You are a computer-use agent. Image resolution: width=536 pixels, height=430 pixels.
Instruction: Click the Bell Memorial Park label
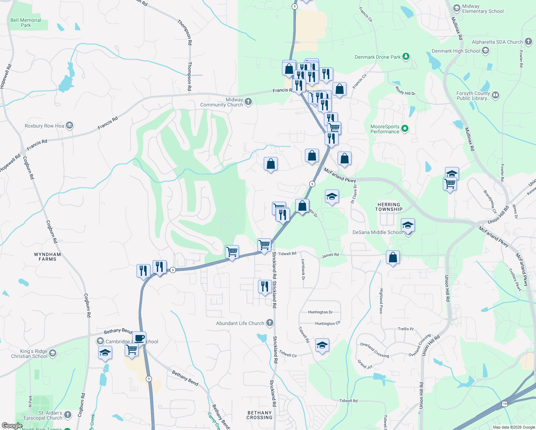(x=26, y=23)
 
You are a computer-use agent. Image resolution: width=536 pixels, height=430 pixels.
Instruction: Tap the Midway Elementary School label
(x=483, y=9)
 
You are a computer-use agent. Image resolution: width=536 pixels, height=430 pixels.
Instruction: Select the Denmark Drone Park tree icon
(x=406, y=57)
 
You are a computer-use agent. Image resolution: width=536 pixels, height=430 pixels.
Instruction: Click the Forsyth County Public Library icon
(x=496, y=95)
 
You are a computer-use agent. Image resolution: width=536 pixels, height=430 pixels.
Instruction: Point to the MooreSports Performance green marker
(x=405, y=128)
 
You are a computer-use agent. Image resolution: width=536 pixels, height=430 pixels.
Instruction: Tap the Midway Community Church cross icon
(x=248, y=102)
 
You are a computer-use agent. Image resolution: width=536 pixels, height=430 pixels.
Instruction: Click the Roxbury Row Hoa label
(x=44, y=126)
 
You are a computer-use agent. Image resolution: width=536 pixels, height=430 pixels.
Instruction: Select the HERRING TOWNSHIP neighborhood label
(x=389, y=207)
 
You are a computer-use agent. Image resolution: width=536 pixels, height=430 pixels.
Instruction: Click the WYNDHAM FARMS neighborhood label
(x=47, y=257)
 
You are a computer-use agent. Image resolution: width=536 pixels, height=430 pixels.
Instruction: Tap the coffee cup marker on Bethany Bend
(x=139, y=338)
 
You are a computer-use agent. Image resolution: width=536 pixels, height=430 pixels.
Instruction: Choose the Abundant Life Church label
(x=240, y=323)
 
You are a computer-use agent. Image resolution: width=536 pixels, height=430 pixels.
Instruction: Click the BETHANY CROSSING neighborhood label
(x=259, y=415)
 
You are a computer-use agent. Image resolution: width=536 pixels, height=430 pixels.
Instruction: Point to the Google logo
(x=12, y=426)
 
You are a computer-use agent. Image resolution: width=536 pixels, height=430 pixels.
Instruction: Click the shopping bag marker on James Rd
(x=393, y=258)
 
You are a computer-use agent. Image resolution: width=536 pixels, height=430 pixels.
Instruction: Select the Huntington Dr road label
(x=320, y=312)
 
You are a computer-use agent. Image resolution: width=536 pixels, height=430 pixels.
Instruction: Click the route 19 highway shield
(x=505, y=404)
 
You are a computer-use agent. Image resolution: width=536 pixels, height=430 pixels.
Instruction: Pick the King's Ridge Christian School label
(x=29, y=354)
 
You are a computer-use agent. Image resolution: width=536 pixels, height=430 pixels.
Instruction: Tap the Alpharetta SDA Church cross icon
(x=528, y=42)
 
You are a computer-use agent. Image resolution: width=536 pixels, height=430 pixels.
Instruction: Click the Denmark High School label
(x=456, y=51)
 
